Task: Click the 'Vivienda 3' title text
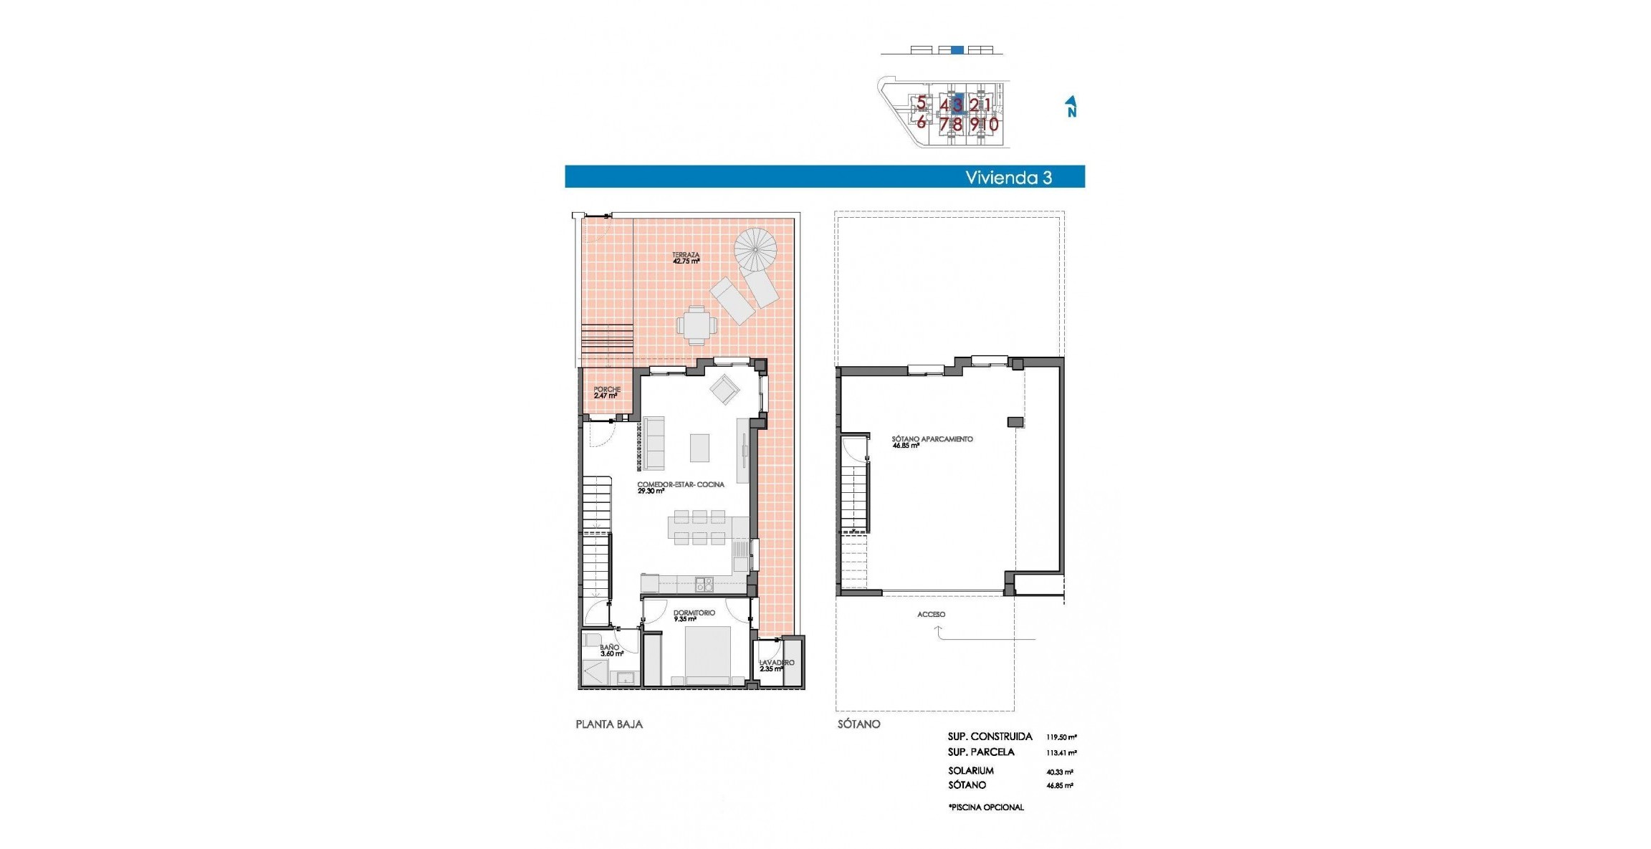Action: [x=1008, y=178]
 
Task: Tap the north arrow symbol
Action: [x=1071, y=106]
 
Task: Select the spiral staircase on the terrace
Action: [x=755, y=249]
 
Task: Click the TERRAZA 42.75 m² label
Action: [x=686, y=258]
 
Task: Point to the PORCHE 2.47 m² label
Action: [x=606, y=392]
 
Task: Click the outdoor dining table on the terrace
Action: [x=697, y=327]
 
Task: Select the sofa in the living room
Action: [x=654, y=443]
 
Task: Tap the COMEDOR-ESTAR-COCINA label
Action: [x=680, y=487]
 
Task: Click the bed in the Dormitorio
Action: [x=707, y=656]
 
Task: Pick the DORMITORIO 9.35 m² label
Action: [x=693, y=615]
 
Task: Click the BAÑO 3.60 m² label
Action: [x=611, y=650]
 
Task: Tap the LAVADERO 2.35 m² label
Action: [x=776, y=665]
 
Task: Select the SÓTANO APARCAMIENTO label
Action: [x=932, y=441]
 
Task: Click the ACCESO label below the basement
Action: [x=931, y=614]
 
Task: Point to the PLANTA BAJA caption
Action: [x=609, y=724]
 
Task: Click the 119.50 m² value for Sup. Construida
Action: [x=1061, y=737]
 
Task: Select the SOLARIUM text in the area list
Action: [x=970, y=770]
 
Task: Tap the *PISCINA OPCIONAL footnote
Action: [x=986, y=807]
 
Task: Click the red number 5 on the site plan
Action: [x=921, y=103]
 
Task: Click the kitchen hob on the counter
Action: [x=704, y=584]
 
